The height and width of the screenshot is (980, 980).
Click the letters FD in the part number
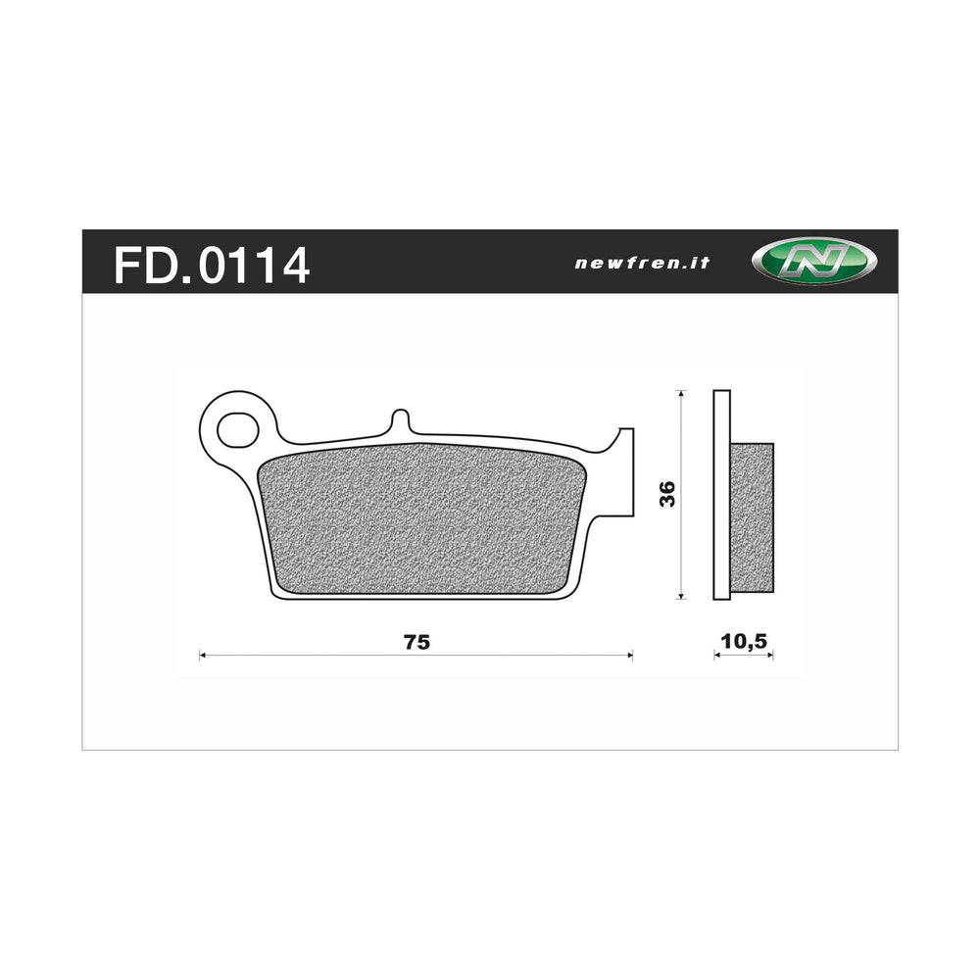coord(142,265)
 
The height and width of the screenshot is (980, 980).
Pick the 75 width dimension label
coord(416,643)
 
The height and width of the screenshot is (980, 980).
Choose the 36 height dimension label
coord(667,495)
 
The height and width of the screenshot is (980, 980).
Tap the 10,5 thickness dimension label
coord(743,642)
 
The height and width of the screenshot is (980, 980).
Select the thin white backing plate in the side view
coord(721,495)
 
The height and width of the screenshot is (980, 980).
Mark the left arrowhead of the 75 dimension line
coord(202,655)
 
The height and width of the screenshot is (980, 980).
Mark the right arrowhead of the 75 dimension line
coord(630,655)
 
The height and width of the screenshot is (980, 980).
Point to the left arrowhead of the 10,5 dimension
coord(716,656)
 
